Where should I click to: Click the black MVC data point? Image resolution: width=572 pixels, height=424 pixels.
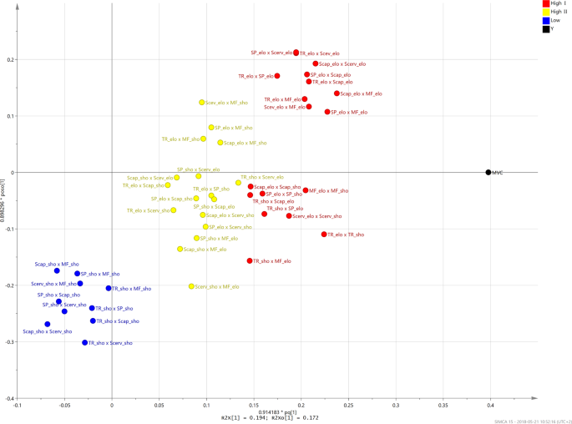pyautogui.click(x=488, y=173)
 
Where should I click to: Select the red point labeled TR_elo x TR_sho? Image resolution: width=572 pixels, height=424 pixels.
pyautogui.click(x=324, y=235)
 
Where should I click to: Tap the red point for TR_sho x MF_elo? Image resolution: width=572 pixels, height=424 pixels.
pyautogui.click(x=250, y=261)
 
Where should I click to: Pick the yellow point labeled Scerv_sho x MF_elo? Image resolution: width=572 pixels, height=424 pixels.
pyautogui.click(x=191, y=286)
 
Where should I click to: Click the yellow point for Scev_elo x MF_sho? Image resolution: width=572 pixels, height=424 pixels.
pyautogui.click(x=202, y=103)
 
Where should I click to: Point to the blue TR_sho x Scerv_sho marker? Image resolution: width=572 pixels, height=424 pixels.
pyautogui.click(x=85, y=343)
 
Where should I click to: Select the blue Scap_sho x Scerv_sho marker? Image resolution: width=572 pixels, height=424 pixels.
pyautogui.click(x=48, y=324)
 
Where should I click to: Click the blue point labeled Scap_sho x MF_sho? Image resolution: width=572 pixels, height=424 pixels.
pyautogui.click(x=57, y=270)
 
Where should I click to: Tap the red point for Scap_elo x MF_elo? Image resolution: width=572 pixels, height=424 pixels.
pyautogui.click(x=337, y=93)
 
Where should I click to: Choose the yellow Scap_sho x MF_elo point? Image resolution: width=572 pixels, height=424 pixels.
pyautogui.click(x=180, y=249)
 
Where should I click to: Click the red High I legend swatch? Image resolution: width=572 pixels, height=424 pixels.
pyautogui.click(x=545, y=3)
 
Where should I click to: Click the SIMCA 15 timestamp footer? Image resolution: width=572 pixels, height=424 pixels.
pyautogui.click(x=529, y=421)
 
